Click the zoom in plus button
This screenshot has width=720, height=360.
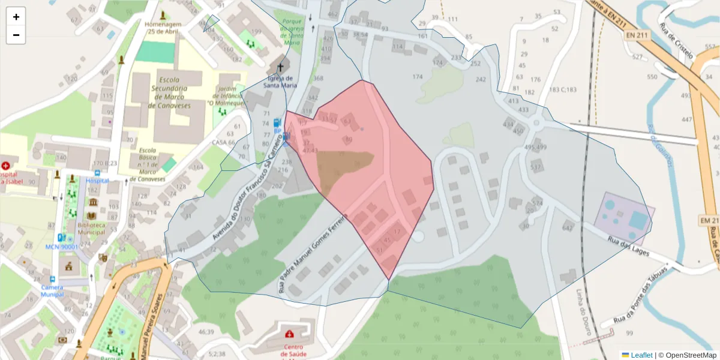(x=16, y=17)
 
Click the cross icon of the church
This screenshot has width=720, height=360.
(x=280, y=67)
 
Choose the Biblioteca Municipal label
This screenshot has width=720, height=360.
(x=91, y=228)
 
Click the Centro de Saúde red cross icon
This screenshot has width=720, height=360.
(x=289, y=334)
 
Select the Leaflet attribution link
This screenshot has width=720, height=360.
(x=641, y=355)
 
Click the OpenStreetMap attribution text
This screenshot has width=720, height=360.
(x=687, y=355)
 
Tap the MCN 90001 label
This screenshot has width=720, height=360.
(x=66, y=247)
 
